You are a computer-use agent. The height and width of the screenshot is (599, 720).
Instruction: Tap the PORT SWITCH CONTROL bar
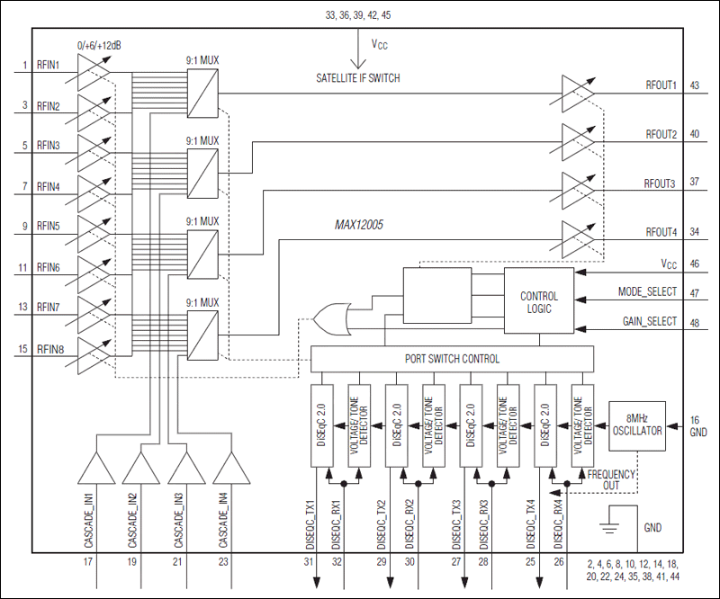(x=451, y=359)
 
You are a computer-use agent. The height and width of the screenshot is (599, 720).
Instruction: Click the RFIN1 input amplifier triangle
(x=93, y=68)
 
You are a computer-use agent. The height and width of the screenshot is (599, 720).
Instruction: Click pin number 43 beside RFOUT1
(x=694, y=85)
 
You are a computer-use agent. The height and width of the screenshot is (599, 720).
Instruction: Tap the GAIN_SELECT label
(x=648, y=321)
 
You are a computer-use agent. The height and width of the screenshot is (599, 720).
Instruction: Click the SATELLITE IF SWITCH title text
(x=358, y=78)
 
